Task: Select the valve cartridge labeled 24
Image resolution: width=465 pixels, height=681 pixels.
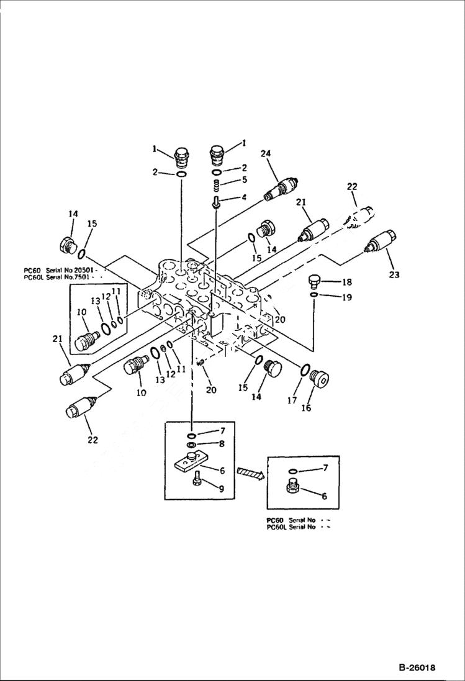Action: point(281,187)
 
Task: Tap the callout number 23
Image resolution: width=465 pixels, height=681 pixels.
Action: point(395,274)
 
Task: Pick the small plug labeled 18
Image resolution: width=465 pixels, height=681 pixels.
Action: point(315,282)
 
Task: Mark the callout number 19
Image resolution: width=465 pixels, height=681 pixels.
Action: point(346,297)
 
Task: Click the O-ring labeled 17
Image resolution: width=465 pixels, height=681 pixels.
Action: point(305,370)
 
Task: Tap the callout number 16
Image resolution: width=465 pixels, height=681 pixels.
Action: point(306,408)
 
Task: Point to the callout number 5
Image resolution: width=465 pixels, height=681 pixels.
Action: point(245,180)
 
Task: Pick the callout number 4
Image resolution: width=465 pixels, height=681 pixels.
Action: point(245,198)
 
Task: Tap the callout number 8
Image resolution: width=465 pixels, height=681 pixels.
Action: point(222,444)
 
